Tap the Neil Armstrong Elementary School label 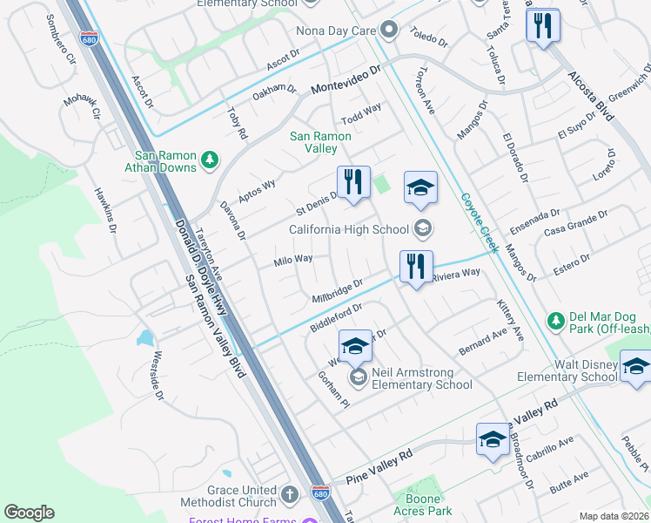(422, 378)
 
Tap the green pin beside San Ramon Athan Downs (209, 160)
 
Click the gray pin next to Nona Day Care (389, 31)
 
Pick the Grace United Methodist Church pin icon (290, 495)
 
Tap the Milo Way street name (293, 260)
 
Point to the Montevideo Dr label (347, 80)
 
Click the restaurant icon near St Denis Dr (353, 182)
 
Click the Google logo (29, 513)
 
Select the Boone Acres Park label (428, 505)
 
